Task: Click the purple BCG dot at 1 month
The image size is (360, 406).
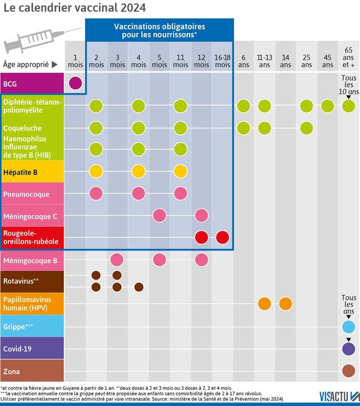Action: click(x=75, y=83)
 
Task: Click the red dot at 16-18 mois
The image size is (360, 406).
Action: click(x=223, y=237)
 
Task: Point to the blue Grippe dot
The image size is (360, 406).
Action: click(x=349, y=327)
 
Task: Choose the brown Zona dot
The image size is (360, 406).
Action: click(x=349, y=371)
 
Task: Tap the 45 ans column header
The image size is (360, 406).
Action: click(x=328, y=61)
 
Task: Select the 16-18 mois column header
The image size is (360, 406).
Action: click(x=223, y=61)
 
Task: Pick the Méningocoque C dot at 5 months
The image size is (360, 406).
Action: click(x=160, y=215)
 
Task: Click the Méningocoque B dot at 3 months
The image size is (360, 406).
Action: click(x=117, y=259)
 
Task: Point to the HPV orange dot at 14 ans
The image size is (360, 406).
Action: click(x=286, y=303)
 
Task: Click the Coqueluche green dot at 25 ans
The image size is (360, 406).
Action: click(x=307, y=128)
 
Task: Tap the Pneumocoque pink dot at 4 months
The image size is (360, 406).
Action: click(x=139, y=193)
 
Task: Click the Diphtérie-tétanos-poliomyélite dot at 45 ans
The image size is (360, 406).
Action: click(x=328, y=106)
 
